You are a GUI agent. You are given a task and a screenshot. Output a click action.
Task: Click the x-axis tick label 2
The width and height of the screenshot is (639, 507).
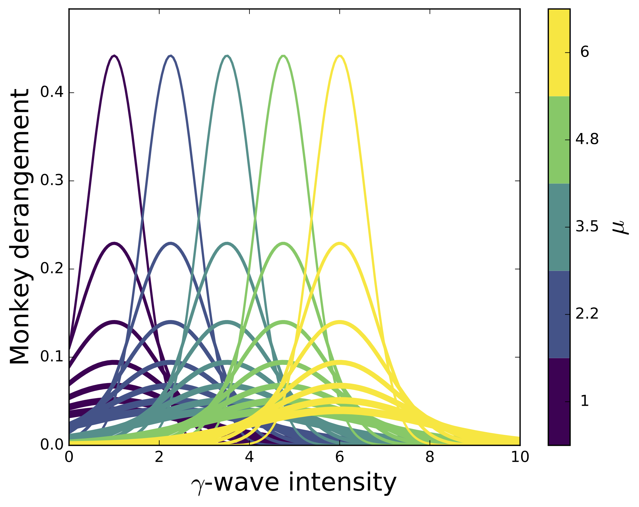click(159, 457)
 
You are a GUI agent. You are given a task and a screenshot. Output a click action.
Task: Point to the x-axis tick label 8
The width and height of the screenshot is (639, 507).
click(430, 457)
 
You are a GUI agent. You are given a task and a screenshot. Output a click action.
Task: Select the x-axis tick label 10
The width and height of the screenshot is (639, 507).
click(520, 457)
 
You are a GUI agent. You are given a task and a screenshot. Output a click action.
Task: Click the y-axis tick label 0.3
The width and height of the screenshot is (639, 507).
click(52, 181)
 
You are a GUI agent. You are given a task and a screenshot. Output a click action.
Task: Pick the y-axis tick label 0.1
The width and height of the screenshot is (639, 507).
click(52, 357)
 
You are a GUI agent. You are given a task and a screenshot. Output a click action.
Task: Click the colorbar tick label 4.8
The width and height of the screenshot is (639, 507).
click(587, 140)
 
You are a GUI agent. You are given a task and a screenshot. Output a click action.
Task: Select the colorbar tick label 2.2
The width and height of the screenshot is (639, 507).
click(587, 314)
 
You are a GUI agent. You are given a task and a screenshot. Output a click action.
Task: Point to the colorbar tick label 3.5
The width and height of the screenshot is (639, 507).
click(587, 227)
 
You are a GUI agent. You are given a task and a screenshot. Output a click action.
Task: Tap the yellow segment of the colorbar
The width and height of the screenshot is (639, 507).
click(559, 53)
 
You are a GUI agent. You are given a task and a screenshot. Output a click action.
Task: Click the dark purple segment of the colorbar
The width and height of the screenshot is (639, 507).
click(559, 401)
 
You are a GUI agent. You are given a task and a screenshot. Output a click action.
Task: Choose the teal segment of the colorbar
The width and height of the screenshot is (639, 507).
click(559, 227)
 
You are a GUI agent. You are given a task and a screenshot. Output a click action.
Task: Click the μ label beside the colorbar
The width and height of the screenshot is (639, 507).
click(620, 227)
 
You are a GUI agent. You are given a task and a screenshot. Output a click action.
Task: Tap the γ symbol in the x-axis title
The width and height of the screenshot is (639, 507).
click(197, 485)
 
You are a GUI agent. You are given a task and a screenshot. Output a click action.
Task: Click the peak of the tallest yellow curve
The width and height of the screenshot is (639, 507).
click(340, 56)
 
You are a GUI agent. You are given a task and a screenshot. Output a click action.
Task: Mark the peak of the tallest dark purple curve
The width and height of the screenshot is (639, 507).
click(114, 56)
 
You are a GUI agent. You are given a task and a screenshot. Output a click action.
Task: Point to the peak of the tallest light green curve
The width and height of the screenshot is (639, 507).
click(283, 56)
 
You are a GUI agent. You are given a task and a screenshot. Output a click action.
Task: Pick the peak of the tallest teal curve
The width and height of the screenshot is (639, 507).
click(227, 56)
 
